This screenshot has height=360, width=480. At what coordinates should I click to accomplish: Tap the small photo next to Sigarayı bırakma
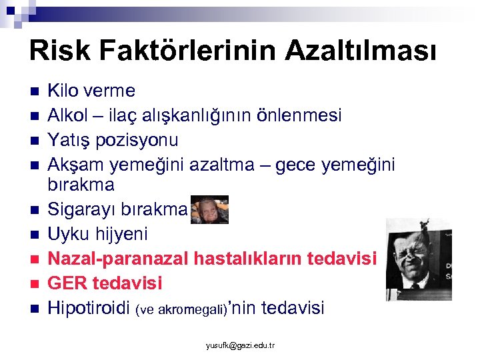pyautogui.click(x=209, y=209)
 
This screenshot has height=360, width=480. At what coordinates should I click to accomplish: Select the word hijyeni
pyautogui.click(x=121, y=234)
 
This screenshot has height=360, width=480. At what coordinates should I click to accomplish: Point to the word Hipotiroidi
pyautogui.click(x=90, y=307)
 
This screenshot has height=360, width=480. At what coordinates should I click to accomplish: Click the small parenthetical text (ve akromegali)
pyautogui.click(x=181, y=309)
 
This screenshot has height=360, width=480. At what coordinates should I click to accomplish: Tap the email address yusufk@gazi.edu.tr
pyautogui.click(x=240, y=345)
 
